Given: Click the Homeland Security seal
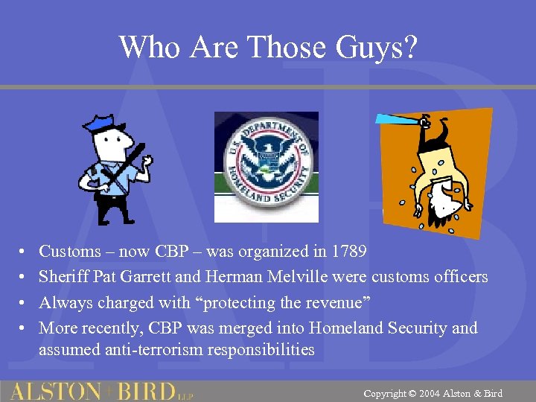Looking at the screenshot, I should coord(267,165).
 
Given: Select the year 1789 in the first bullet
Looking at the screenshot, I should coord(348,252).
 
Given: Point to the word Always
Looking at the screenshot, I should coord(63,302).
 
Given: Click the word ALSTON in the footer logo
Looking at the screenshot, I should coord(57,391).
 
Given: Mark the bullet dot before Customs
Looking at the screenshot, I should coord(23,252).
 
